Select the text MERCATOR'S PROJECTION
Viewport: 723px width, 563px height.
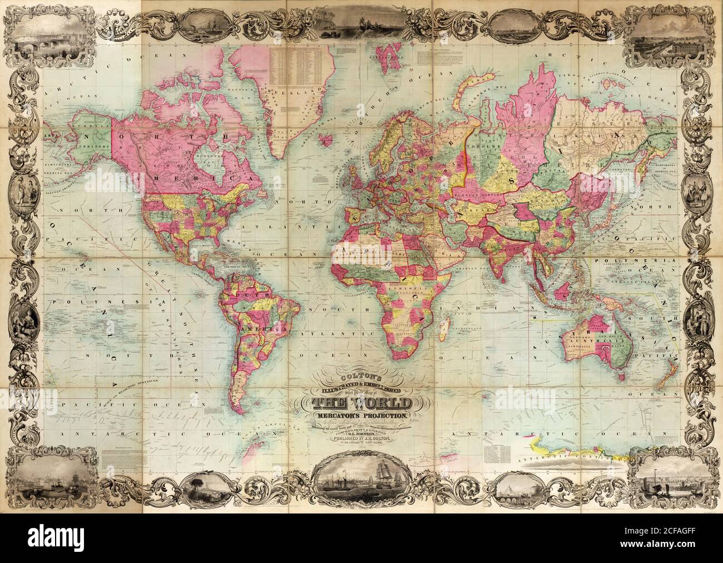click(363, 416)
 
